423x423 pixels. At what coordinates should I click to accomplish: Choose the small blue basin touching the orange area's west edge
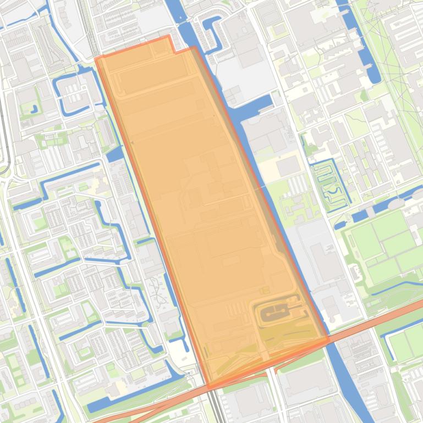[114, 154]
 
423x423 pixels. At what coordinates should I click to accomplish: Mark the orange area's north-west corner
[96, 58]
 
